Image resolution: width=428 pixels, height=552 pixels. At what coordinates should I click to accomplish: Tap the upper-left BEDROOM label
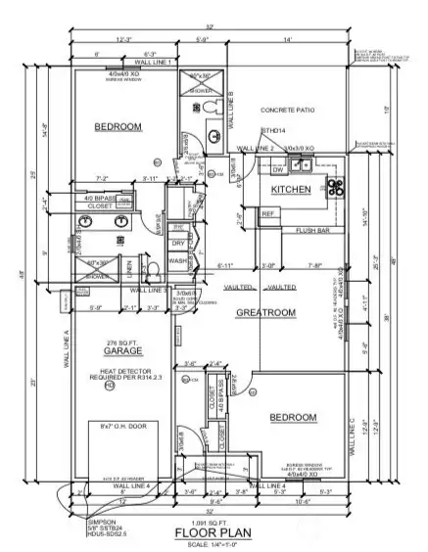120,127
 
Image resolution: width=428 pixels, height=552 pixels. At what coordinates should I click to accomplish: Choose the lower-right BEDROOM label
292,418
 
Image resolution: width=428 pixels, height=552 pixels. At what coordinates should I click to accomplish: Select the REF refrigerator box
267,212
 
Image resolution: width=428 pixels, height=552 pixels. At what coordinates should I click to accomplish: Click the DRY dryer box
178,243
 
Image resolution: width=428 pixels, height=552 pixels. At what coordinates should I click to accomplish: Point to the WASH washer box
178,261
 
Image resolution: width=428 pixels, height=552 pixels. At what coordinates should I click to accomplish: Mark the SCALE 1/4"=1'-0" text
214,545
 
